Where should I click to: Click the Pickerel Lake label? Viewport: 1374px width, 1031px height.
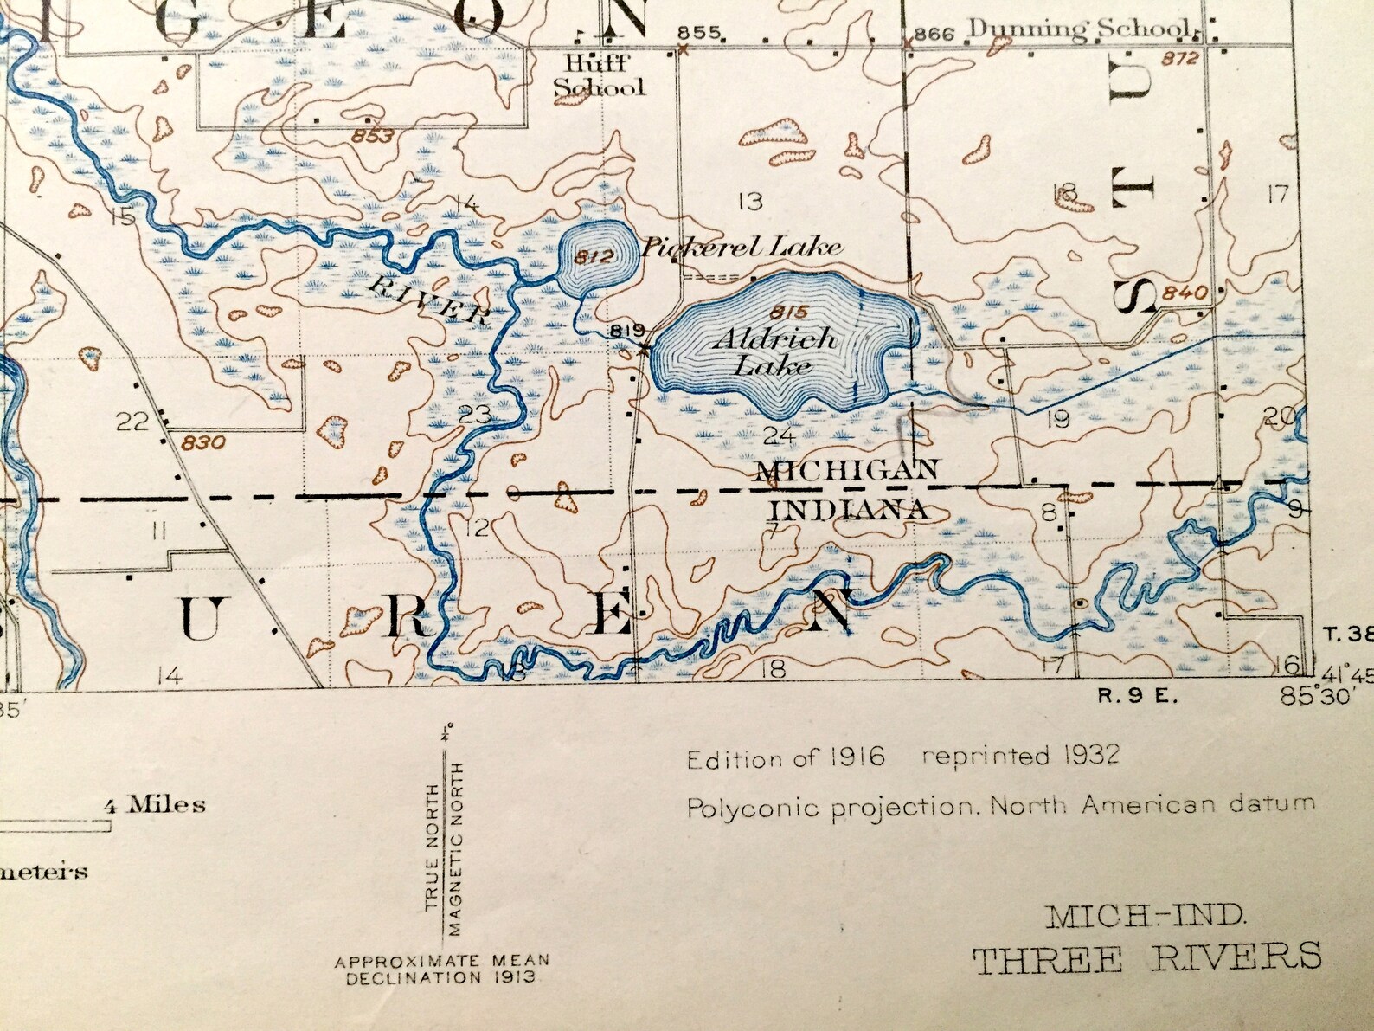click(741, 248)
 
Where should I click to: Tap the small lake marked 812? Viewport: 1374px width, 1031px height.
click(596, 255)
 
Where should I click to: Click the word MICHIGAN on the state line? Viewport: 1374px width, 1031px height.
click(847, 470)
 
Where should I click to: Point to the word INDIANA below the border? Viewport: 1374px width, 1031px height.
click(849, 509)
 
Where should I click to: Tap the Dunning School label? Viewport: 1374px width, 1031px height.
click(1078, 29)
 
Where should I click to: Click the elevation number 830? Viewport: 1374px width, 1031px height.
click(204, 443)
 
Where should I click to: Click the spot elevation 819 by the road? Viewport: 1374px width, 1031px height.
click(627, 330)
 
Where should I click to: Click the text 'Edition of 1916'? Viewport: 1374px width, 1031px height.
click(786, 759)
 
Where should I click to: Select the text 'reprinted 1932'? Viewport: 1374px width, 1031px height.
click(1020, 755)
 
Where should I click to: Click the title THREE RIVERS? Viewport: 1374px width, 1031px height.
click(1146, 957)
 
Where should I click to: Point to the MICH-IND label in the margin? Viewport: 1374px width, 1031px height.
click(1146, 915)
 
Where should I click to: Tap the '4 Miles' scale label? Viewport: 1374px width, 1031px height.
click(155, 805)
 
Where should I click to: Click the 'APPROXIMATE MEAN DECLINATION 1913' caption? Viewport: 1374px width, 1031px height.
click(442, 970)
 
